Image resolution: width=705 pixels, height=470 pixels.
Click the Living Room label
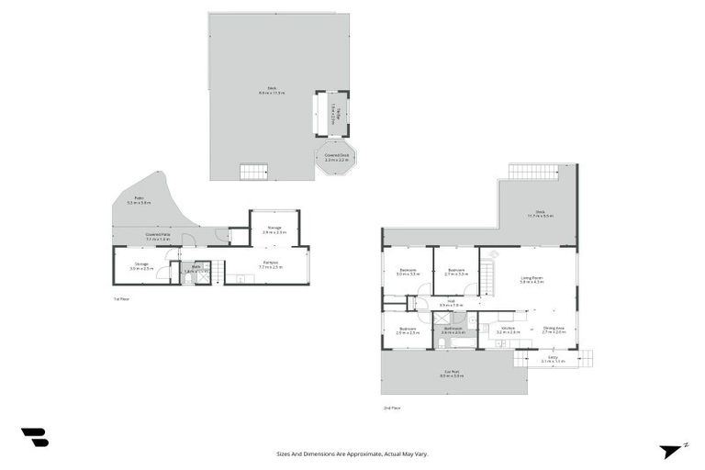pos(532,280)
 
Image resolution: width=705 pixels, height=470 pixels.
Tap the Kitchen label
pos(509,330)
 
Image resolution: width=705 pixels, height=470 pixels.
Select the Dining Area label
pos(554,330)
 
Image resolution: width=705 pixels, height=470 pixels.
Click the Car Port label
pos(448,374)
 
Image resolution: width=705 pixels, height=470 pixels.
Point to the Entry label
pos(553,359)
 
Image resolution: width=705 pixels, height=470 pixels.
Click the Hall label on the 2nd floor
pos(452,302)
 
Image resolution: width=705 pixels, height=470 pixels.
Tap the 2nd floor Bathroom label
pos(453,330)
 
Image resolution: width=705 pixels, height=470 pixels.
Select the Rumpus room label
pos(271,265)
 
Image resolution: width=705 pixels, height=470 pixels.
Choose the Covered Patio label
pos(158,236)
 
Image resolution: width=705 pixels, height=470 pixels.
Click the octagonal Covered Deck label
pos(337,157)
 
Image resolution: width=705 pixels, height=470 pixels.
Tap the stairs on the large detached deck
pos(253,172)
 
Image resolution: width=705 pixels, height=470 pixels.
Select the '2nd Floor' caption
pos(392,408)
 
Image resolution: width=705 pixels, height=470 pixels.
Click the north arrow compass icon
pos(671,451)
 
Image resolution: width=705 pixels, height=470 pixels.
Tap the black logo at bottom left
pos(35,438)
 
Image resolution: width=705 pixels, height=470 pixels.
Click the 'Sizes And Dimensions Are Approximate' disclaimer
pos(352,453)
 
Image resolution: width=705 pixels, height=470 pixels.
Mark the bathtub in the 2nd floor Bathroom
pos(442,343)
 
